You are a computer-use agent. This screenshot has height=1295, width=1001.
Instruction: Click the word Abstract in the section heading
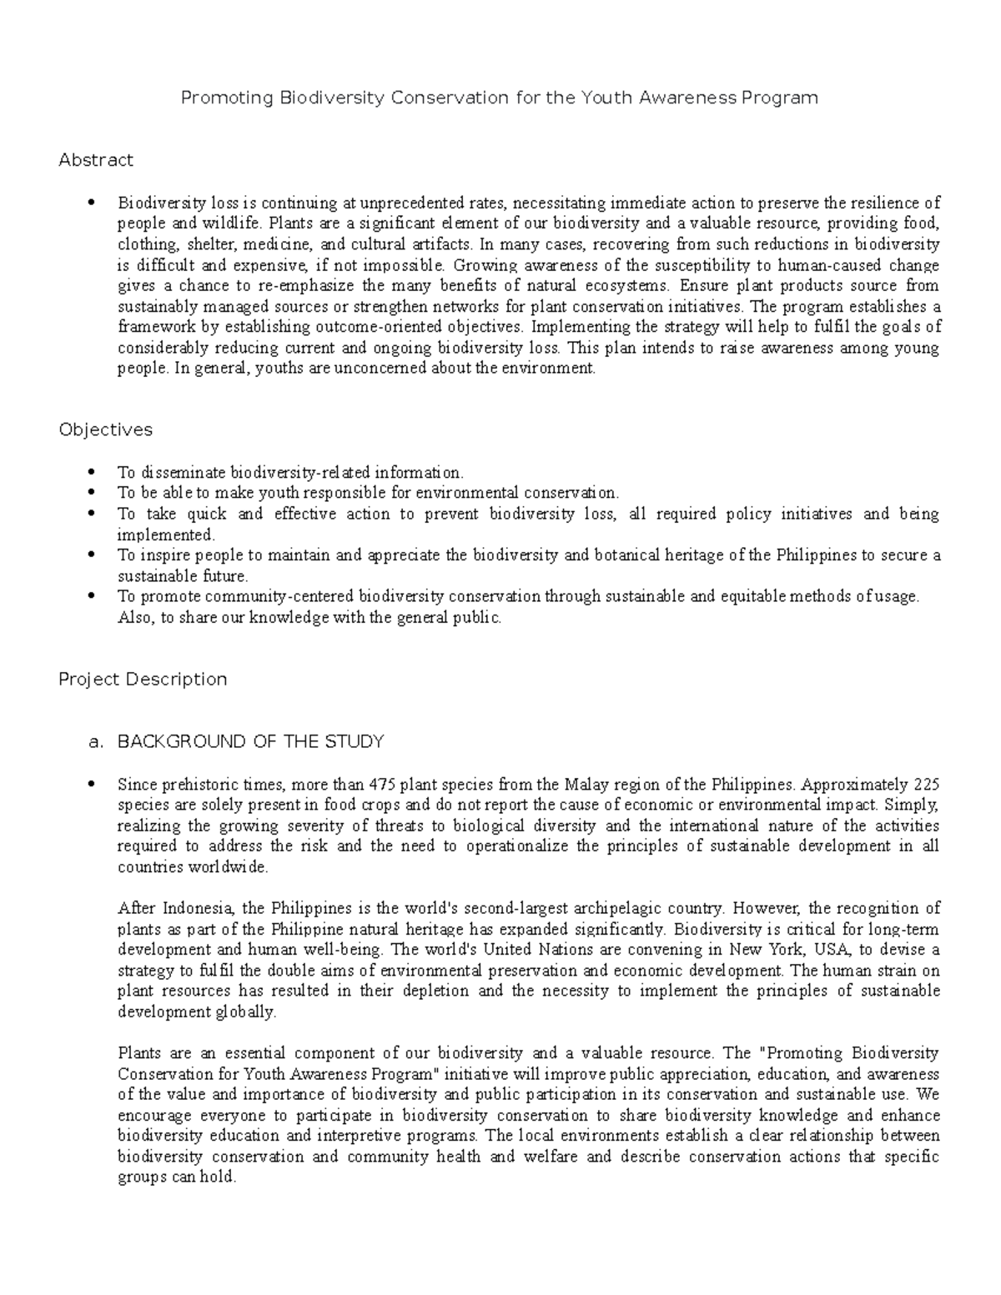pyautogui.click(x=96, y=159)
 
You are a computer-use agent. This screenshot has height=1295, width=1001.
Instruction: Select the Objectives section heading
pyautogui.click(x=105, y=429)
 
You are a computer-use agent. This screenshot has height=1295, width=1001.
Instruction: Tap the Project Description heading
pyautogui.click(x=143, y=679)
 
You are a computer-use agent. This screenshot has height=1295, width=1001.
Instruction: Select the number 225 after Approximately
pyautogui.click(x=926, y=785)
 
